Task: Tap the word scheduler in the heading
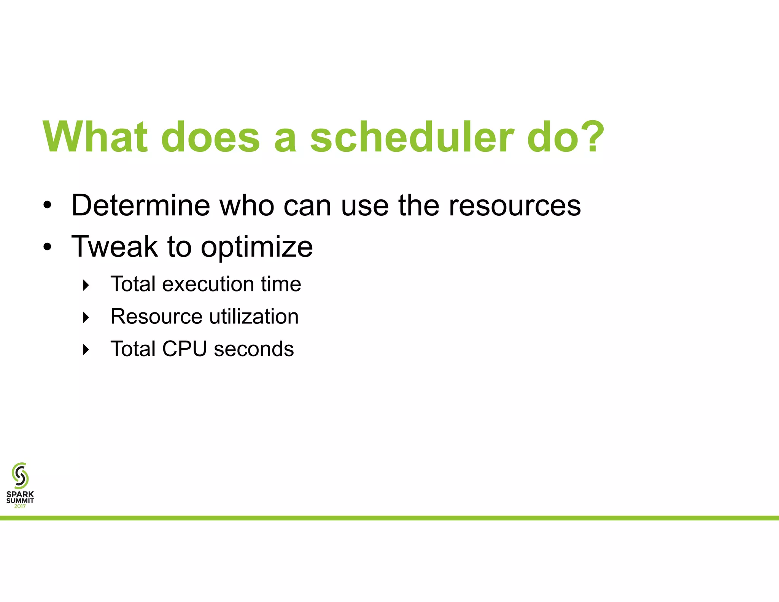pyautogui.click(x=412, y=137)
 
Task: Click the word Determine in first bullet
pyautogui.click(x=140, y=205)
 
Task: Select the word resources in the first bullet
pyautogui.click(x=515, y=205)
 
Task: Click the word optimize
pyautogui.click(x=257, y=247)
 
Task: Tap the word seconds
pyautogui.click(x=254, y=349)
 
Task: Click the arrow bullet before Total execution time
pyautogui.click(x=86, y=285)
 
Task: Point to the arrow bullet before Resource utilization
pyautogui.click(x=86, y=317)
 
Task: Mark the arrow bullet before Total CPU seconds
pyautogui.click(x=86, y=350)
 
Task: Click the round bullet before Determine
pyautogui.click(x=47, y=206)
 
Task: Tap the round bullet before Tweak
pyautogui.click(x=47, y=247)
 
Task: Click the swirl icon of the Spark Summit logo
pyautogui.click(x=20, y=475)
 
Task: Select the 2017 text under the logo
pyautogui.click(x=20, y=506)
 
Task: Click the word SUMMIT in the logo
pyautogui.click(x=20, y=501)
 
